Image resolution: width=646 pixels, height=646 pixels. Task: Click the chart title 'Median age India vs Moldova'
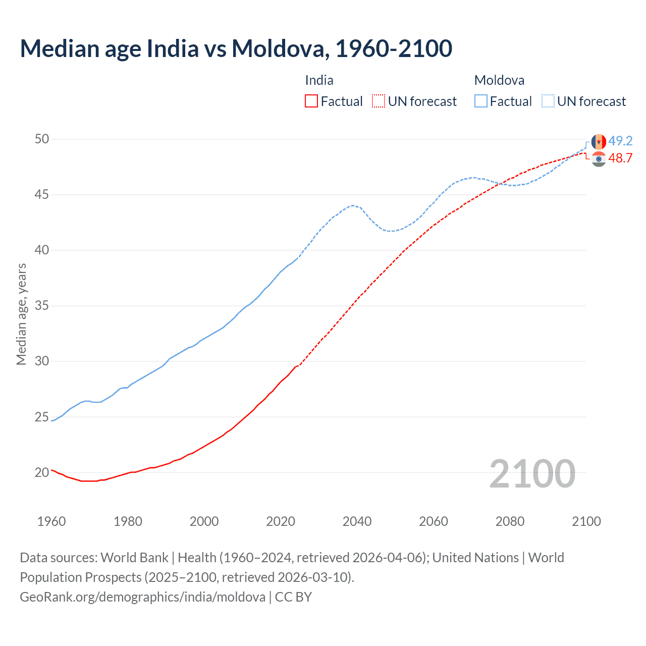point(236,48)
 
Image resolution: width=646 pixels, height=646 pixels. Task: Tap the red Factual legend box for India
point(311,101)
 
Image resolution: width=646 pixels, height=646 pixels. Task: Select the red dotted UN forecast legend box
point(379,101)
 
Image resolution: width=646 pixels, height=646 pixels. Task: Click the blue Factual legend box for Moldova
point(481,101)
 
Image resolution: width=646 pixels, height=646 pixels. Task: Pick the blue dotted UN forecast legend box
point(548,101)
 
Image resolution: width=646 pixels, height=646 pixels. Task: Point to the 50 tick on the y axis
point(42,139)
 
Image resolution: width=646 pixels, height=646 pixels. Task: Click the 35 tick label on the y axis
point(42,306)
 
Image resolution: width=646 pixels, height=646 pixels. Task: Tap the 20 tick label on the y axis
point(42,473)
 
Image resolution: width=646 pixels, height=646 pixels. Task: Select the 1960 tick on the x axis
point(51,521)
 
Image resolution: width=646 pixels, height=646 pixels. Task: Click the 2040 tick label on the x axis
point(357,521)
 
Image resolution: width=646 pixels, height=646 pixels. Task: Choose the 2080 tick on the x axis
point(510,521)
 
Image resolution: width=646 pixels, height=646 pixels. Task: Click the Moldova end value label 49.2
point(620,141)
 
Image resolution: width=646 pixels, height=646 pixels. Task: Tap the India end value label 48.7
point(620,158)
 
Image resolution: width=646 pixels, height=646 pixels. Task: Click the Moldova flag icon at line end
point(599,142)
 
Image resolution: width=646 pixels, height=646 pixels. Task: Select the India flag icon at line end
point(599,159)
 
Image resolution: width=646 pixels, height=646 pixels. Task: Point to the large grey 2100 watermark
point(532,473)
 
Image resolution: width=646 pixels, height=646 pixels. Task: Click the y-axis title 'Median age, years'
point(21,314)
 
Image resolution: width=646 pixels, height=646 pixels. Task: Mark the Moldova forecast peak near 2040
point(353,205)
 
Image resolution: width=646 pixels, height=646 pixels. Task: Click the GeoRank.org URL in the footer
point(142,597)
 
